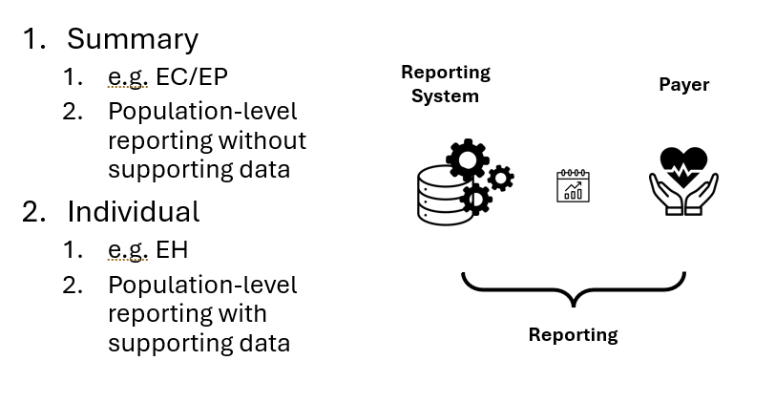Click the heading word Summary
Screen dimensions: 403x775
coord(132,39)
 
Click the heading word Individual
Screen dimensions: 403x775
coord(133,211)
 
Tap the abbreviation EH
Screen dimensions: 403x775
coord(172,250)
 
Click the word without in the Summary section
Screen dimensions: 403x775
coord(262,141)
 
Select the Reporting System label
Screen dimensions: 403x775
coord(445,84)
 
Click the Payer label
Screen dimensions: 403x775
coord(683,85)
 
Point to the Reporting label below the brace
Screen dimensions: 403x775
coord(573,335)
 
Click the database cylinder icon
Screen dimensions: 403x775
coord(445,195)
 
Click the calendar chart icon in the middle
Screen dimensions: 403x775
coord(573,186)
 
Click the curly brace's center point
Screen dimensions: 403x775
coord(573,298)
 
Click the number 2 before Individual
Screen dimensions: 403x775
coord(33,211)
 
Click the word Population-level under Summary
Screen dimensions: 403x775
coord(202,112)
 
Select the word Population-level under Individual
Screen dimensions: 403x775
coord(202,285)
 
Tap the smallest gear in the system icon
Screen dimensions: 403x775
coord(500,178)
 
